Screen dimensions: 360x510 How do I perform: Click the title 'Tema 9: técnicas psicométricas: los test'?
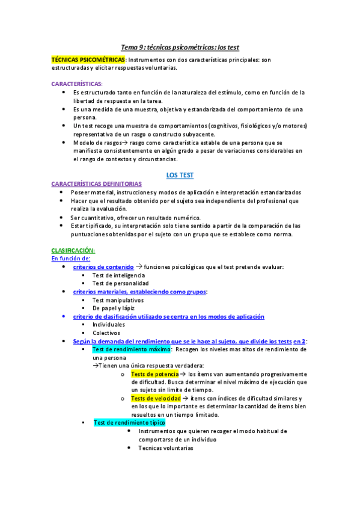coord(180,47)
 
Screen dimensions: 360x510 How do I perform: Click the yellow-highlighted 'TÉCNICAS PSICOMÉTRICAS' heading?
coord(88,60)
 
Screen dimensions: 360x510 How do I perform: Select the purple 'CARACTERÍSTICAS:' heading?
coord(77,84)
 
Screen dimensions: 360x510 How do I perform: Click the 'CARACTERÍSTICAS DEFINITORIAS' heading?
coord(97,183)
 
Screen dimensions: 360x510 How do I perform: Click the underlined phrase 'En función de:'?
coord(70,258)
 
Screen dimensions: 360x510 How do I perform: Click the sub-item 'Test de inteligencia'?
coord(118,275)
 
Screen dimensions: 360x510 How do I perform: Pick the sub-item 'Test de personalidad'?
coord(120,283)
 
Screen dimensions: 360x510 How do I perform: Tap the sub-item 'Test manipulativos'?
coord(118,300)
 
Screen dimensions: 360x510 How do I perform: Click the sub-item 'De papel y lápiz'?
coord(114,308)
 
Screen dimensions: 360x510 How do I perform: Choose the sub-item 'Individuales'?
coord(109,324)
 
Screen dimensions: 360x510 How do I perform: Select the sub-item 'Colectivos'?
coord(106,333)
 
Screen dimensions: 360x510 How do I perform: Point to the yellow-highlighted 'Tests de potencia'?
coord(154,373)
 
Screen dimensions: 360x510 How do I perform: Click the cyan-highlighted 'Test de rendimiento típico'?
coord(129,423)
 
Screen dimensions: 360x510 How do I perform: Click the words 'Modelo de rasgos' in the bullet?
coord(96,143)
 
